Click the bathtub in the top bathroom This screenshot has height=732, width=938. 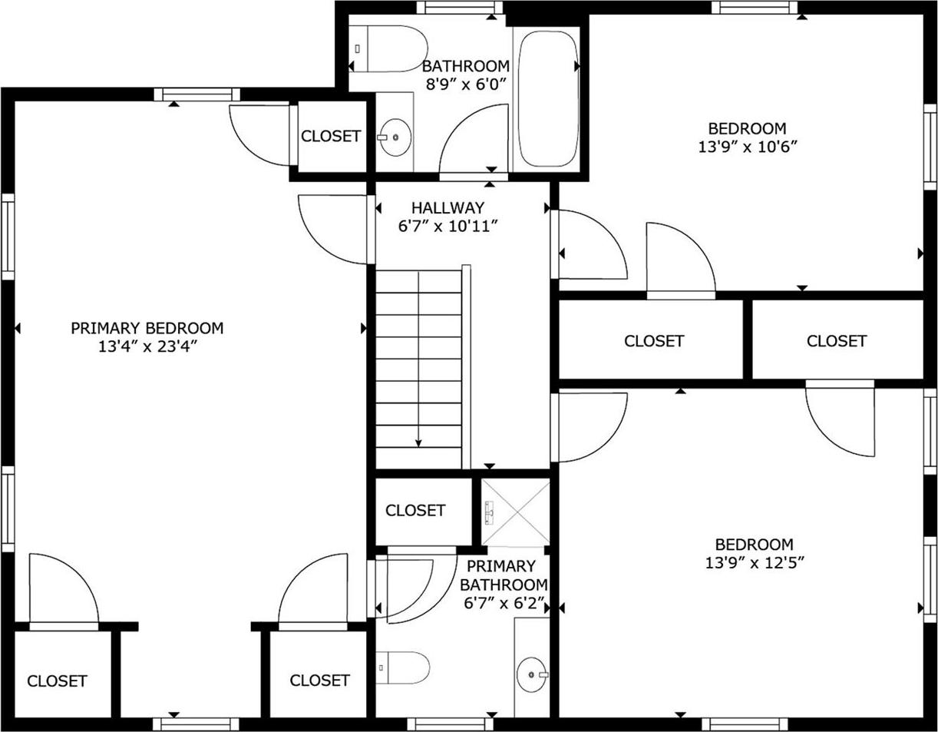547,98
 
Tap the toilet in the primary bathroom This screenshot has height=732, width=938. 402,667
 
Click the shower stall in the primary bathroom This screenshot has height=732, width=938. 515,512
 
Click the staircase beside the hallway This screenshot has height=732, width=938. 418,369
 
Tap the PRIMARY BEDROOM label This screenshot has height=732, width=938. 147,328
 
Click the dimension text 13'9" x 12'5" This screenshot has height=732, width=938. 755,562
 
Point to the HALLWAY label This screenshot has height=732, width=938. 448,207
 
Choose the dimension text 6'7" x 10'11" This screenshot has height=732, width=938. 448,226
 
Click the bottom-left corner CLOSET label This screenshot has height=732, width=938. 57,681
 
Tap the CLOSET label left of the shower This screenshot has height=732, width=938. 415,510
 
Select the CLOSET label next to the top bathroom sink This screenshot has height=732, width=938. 330,136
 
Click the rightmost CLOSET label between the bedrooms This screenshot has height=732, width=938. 836,340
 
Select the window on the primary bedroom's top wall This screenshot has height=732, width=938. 197,94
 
